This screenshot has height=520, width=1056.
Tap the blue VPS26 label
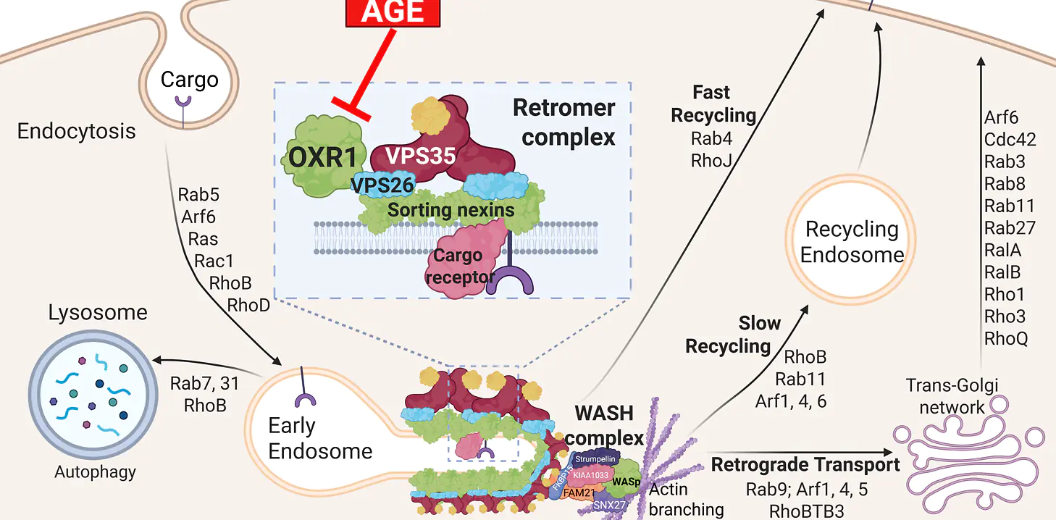coord(382,185)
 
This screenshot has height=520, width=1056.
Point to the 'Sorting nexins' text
coord(451,211)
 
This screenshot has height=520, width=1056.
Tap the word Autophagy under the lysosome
coord(95,472)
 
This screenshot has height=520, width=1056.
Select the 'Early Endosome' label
coord(319,438)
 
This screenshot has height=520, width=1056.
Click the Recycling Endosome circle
coord(852,241)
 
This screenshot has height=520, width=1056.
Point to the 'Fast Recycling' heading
coord(713,104)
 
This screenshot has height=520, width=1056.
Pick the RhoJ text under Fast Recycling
coord(712,160)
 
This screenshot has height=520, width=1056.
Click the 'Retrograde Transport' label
coord(805,464)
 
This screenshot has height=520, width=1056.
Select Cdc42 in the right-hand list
coord(1010,139)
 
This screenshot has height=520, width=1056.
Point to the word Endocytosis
coord(76,131)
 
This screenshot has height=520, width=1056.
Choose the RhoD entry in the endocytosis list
coord(248,304)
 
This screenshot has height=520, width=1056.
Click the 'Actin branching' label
coord(685,499)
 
